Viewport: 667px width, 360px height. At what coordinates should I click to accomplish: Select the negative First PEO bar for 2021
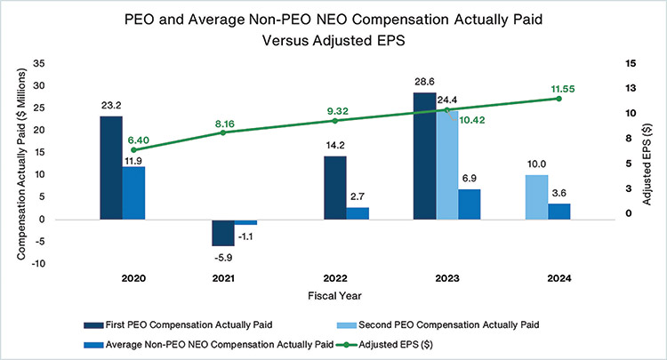[x=223, y=232]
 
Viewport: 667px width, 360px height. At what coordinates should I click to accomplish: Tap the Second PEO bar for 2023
[x=446, y=164]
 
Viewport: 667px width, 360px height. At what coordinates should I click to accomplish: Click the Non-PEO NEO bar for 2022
[x=358, y=213]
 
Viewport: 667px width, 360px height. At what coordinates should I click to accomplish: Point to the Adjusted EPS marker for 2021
[x=223, y=132]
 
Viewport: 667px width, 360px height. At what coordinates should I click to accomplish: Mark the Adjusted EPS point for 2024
[x=559, y=99]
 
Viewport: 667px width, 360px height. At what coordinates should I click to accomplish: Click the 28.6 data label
[x=425, y=81]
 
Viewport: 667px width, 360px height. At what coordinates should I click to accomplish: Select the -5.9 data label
[x=222, y=258]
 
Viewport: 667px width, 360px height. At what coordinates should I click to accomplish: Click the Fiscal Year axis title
[x=333, y=294]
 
